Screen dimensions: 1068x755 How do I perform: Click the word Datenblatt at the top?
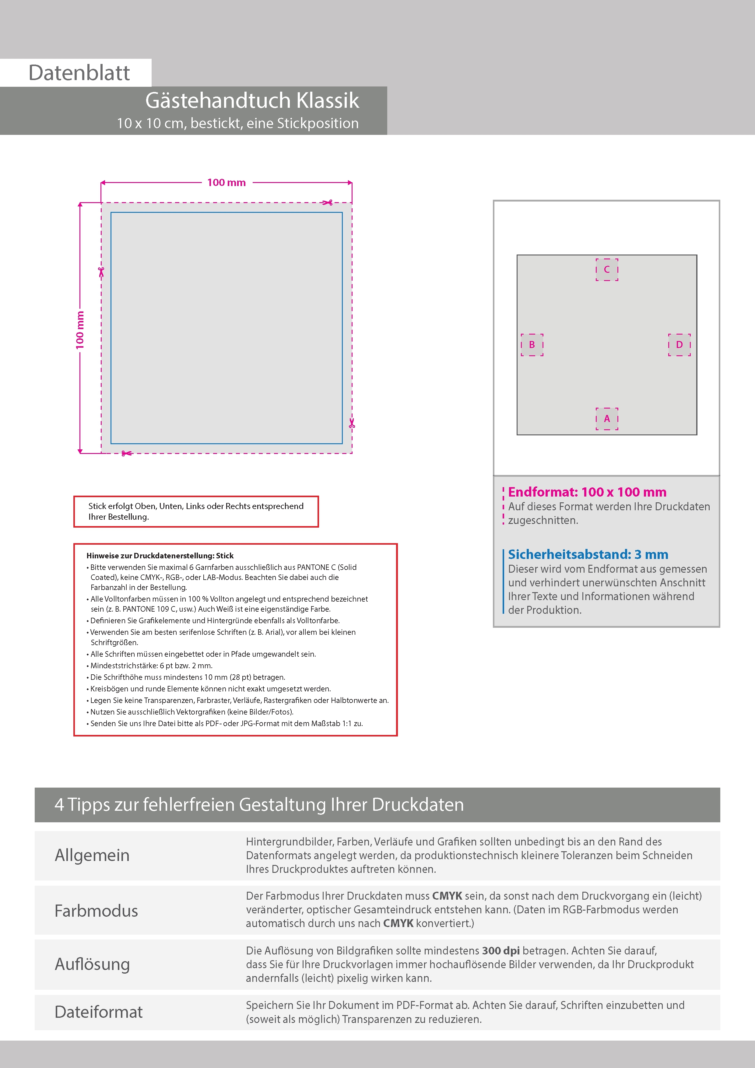79,73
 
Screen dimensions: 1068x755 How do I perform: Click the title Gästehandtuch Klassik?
252,100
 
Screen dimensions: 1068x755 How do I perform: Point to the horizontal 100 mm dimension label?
226,183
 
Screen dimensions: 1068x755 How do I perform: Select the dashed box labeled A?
607,419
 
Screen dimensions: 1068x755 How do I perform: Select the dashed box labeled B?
532,345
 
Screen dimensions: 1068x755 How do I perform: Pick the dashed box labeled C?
607,270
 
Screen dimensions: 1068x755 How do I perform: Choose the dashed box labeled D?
679,345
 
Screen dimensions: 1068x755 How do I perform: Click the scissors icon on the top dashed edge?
328,202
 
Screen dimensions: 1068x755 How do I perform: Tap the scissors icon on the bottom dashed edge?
126,453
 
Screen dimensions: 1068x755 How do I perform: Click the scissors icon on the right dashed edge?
352,423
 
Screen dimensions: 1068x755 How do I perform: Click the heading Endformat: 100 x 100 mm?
587,492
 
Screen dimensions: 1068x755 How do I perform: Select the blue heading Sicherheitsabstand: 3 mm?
588,554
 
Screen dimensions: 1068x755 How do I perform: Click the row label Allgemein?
92,855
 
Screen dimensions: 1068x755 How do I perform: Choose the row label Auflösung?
92,964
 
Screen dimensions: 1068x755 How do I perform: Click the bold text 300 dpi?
500,951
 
